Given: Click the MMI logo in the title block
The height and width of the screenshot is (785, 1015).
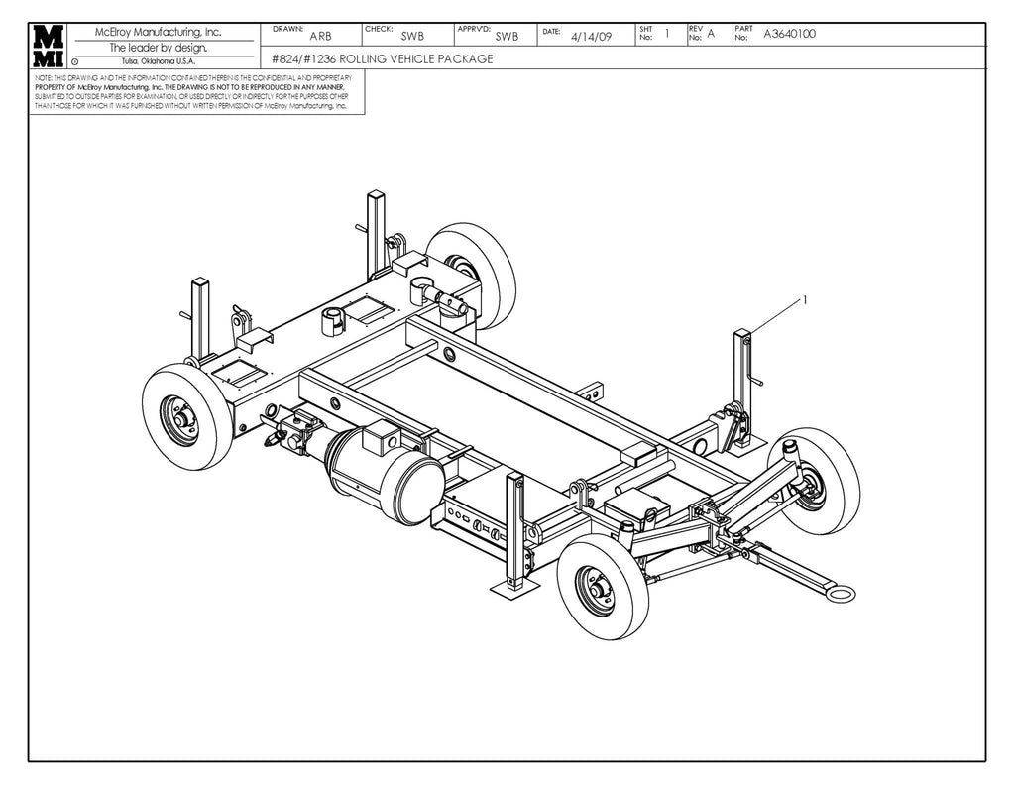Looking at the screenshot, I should point(49,47).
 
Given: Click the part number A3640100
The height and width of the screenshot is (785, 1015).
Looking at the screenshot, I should point(789,35).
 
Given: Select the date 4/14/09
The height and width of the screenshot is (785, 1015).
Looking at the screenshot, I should point(592,36).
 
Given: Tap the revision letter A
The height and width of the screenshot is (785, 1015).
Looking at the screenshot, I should point(711,35).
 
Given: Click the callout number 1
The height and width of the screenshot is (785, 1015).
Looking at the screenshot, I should point(805,298).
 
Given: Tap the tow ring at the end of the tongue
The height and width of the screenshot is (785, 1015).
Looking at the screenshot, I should point(842,593).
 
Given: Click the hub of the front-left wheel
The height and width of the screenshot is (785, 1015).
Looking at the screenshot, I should point(181,417).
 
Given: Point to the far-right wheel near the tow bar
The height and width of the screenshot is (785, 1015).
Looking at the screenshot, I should point(815,482).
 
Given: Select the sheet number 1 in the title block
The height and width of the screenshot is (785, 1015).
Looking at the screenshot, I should point(667,33).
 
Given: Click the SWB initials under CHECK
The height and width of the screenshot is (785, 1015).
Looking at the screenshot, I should point(411,36).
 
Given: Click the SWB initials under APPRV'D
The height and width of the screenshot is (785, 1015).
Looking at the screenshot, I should point(507,36).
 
